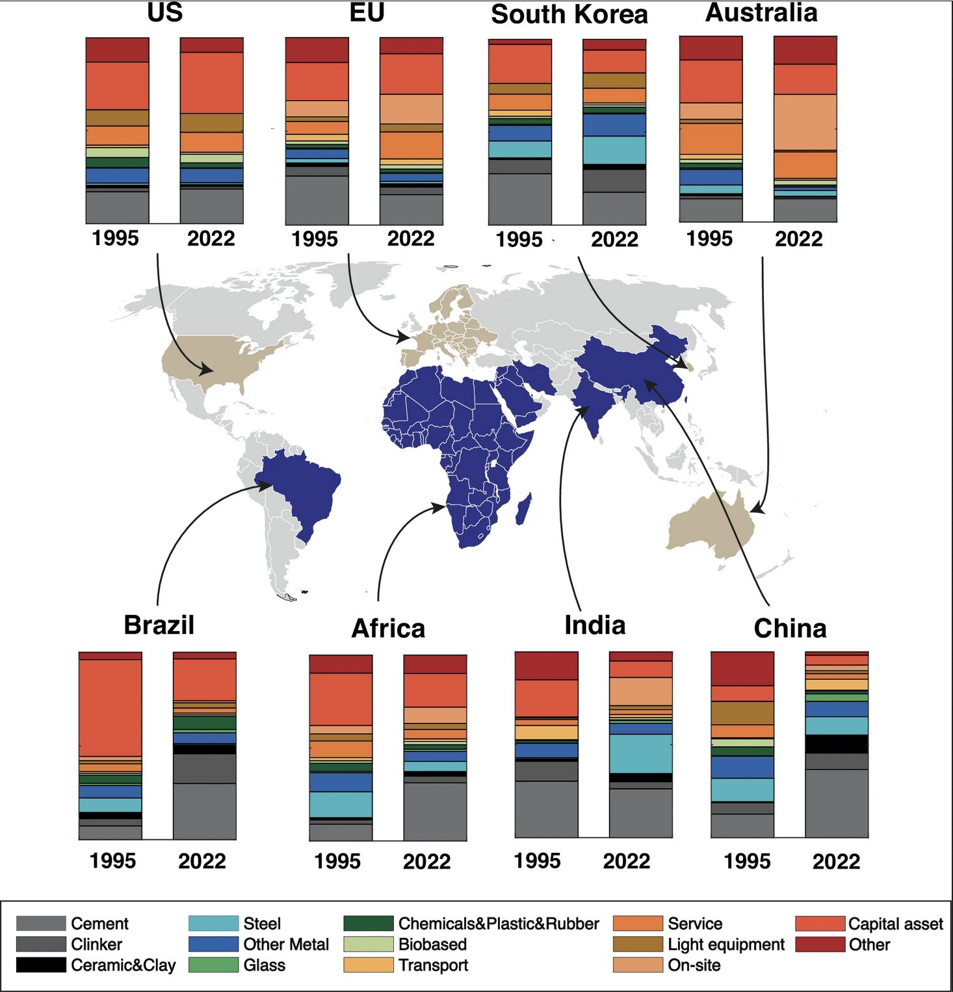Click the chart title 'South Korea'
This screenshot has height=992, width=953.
[x=569, y=14]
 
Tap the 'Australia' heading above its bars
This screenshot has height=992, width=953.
[x=761, y=13]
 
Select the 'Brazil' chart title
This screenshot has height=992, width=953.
[x=159, y=625]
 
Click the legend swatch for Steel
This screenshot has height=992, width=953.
[x=213, y=923]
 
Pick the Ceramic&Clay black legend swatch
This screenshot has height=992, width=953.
[x=41, y=965]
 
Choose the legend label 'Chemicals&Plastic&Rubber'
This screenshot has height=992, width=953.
[x=498, y=923]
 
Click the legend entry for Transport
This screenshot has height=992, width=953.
[x=433, y=965]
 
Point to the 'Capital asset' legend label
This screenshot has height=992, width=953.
[x=895, y=923]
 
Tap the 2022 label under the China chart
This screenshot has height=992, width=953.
[x=836, y=861]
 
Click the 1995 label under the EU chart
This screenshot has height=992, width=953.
[x=315, y=239]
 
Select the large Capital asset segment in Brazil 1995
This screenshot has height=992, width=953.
[x=111, y=707]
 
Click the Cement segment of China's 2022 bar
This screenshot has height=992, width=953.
[x=837, y=803]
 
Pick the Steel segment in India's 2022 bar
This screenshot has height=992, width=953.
[x=640, y=753]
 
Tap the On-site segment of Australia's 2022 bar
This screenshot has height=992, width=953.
[x=805, y=122]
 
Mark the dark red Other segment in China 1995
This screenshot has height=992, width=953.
[x=742, y=668]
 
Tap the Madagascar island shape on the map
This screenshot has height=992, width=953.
[x=525, y=509]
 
